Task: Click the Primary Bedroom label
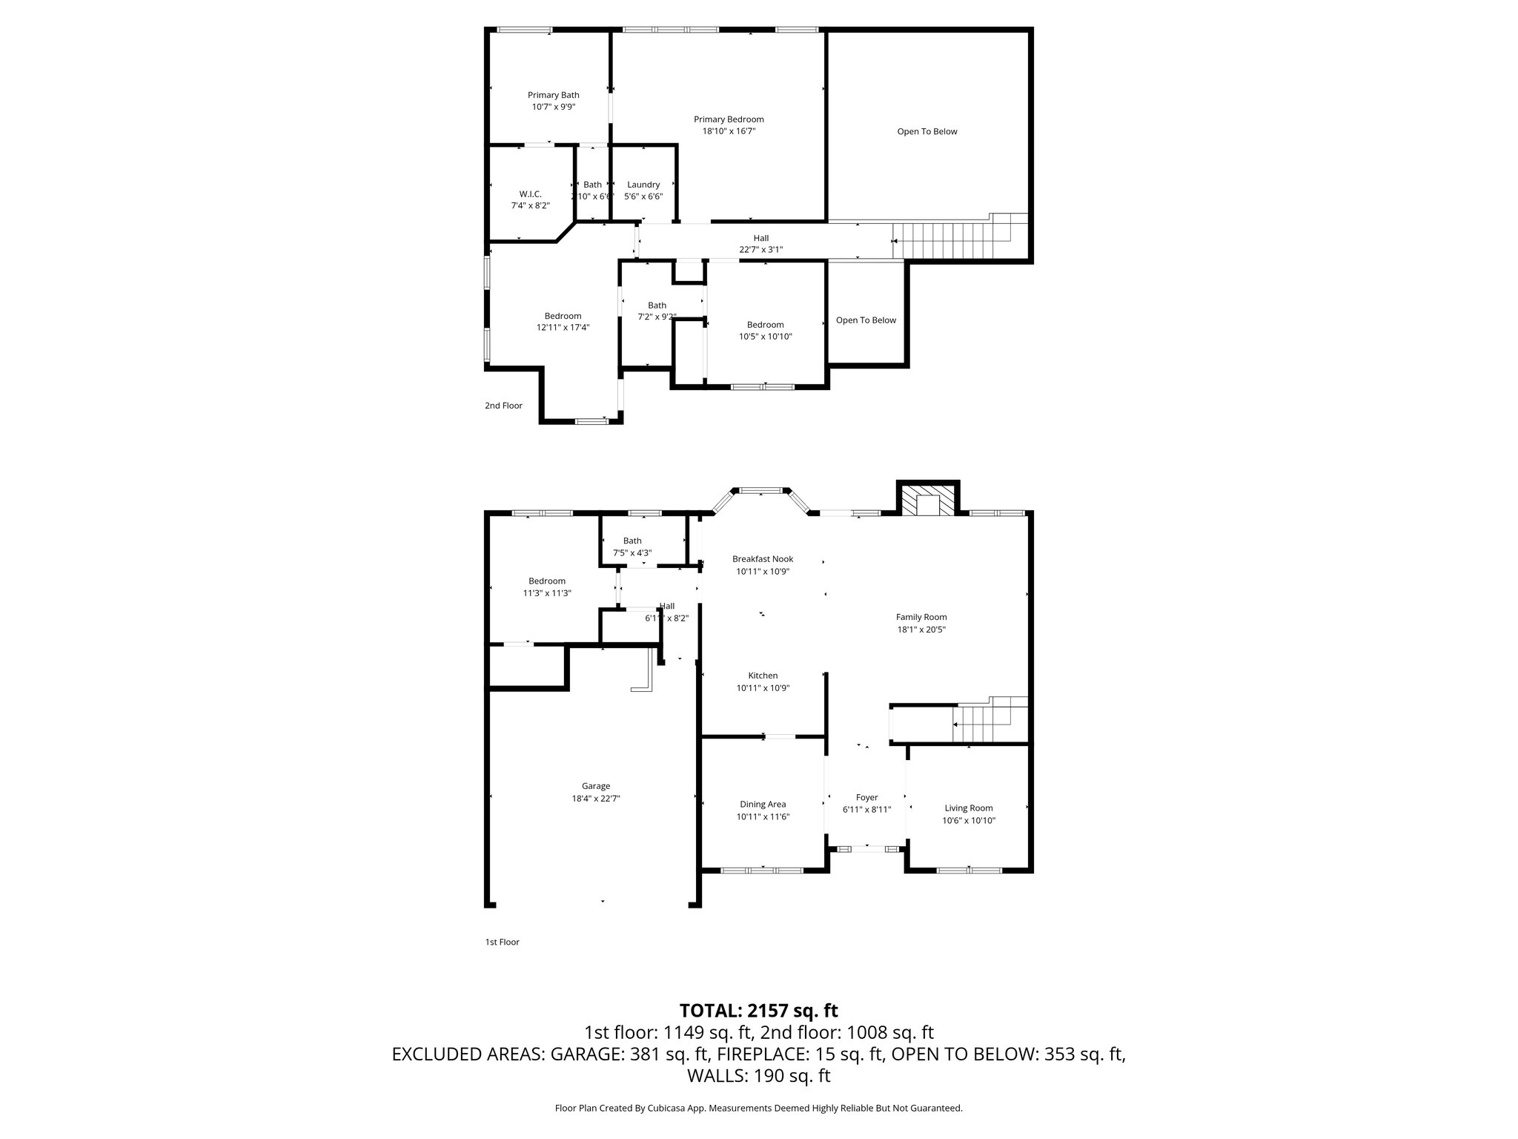tap(728, 119)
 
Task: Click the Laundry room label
tap(643, 185)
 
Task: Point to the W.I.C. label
tap(530, 194)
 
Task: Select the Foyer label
tap(866, 798)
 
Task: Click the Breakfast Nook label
tap(763, 559)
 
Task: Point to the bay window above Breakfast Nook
tap(761, 490)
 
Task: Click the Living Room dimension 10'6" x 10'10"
tap(968, 820)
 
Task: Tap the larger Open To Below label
tap(927, 131)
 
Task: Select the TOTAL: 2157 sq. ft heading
tap(758, 1010)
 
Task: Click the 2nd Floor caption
tap(503, 406)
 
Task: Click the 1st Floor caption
tap(502, 942)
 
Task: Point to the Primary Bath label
tap(553, 95)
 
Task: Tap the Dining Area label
tap(762, 804)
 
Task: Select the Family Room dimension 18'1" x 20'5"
tap(921, 630)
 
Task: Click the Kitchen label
tap(763, 676)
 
